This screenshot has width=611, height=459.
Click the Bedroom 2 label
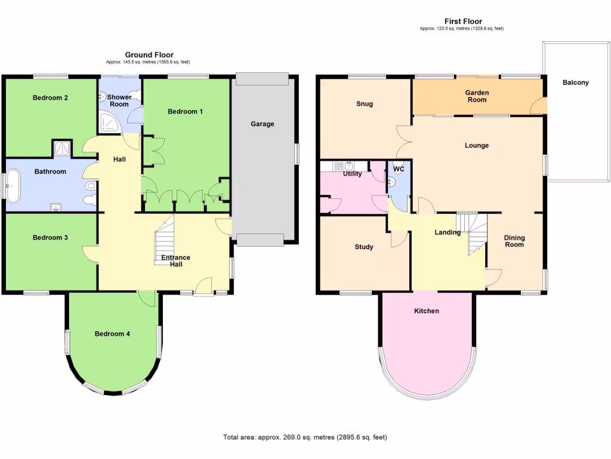point(50,98)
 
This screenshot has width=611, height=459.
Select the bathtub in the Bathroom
point(13,185)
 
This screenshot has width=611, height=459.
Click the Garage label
point(262,124)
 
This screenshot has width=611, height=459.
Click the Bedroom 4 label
point(112,334)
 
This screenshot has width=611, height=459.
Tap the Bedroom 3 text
point(50,238)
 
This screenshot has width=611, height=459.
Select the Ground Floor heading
point(149,55)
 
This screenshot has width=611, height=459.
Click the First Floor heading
point(464,22)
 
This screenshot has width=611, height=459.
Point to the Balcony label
point(575,82)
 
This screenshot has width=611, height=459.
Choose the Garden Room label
point(477,96)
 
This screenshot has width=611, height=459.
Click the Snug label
point(365,104)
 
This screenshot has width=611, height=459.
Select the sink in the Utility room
point(344,167)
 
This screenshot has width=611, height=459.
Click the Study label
point(364,247)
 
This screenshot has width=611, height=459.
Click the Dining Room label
point(514,241)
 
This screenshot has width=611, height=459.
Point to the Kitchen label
point(427,311)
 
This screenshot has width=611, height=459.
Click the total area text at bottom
point(305,437)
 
